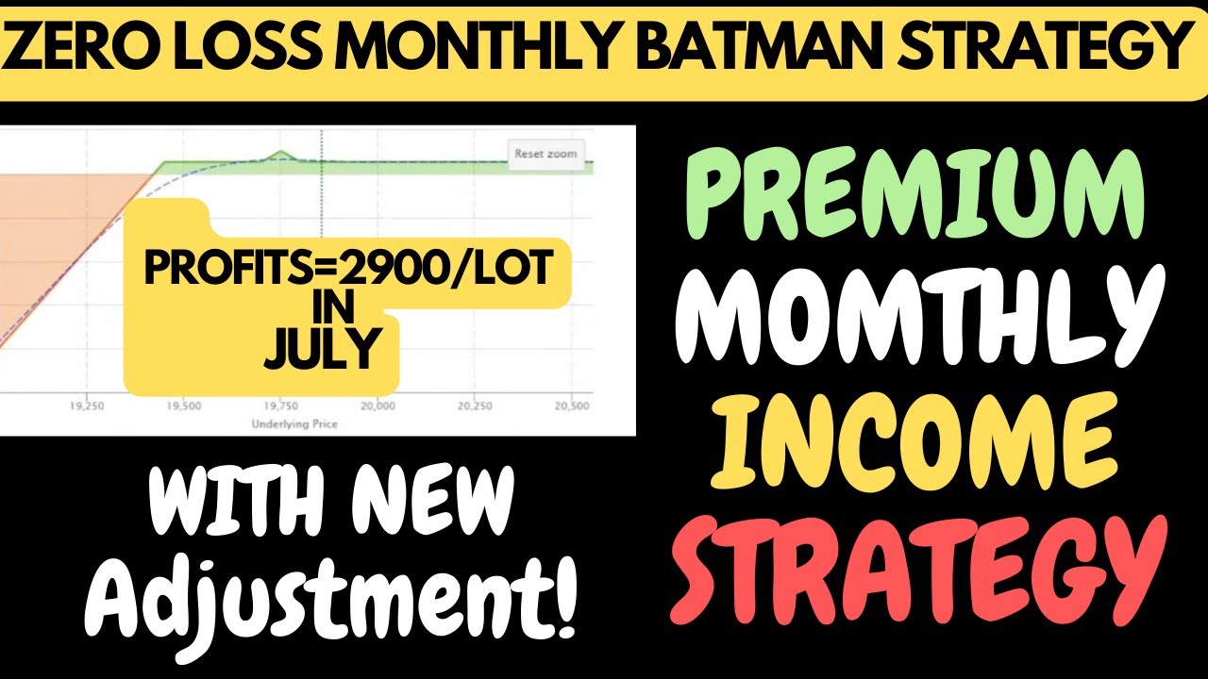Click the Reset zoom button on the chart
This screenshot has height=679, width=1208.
coord(545,154)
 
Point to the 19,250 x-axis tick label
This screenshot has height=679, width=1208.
coord(86,406)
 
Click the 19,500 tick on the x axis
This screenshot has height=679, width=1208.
coord(183,406)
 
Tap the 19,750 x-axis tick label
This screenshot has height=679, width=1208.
coord(280,406)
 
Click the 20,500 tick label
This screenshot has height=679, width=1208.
coord(570,406)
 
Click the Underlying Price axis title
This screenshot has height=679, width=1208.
coord(294,424)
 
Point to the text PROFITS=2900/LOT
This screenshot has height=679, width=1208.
coord(347,271)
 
